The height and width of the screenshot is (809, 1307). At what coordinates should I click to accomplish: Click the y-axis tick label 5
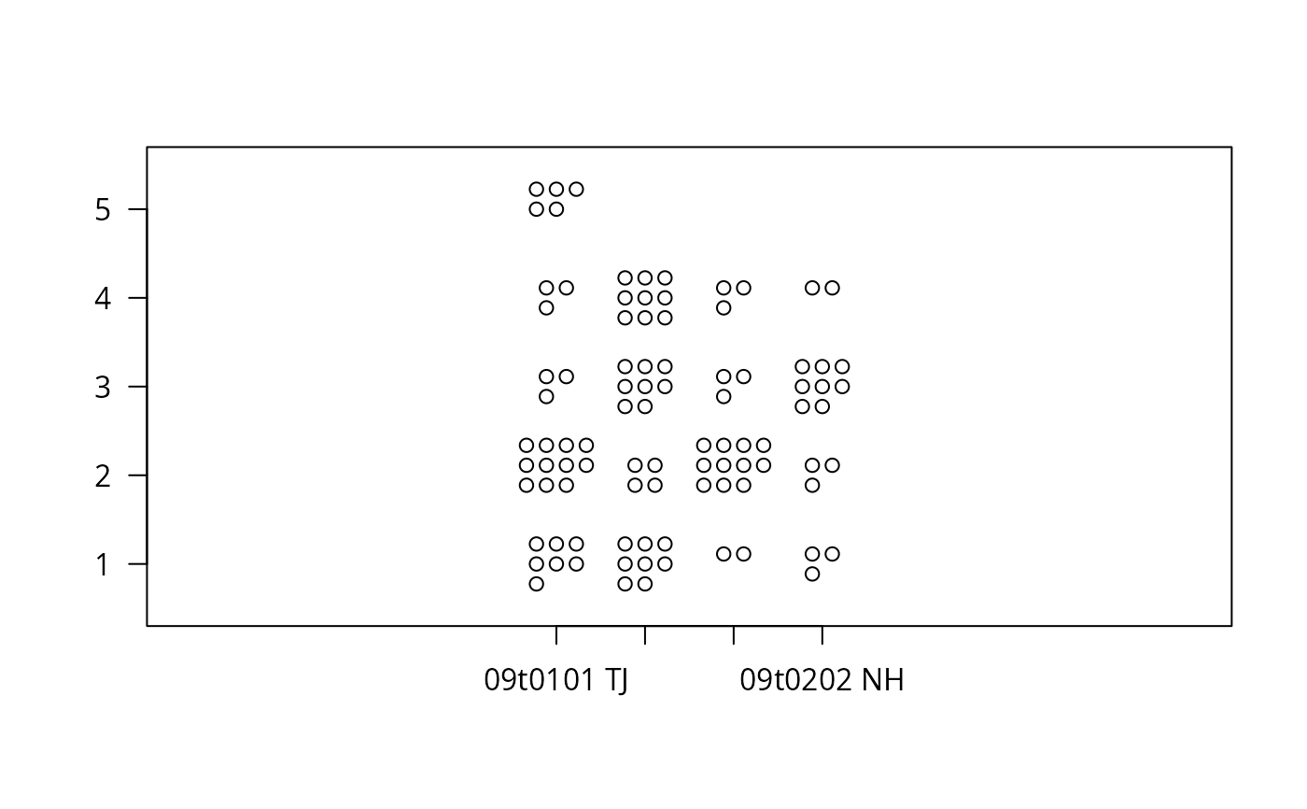pos(102,209)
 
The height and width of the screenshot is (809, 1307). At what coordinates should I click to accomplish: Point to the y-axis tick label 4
pos(102,298)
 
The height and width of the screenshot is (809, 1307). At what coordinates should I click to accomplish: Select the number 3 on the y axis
pos(102,387)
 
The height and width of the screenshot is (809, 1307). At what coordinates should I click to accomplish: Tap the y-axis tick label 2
pos(102,475)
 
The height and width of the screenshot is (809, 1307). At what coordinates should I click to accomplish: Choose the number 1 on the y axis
pos(103,564)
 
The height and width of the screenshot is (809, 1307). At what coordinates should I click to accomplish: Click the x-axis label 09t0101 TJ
pos(556,679)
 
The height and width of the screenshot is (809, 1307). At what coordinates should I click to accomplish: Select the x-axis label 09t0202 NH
pos(822,679)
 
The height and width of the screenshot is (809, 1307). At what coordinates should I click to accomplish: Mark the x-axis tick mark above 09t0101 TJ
pos(556,635)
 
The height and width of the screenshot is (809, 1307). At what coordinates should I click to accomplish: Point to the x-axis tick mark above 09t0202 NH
pos(822,635)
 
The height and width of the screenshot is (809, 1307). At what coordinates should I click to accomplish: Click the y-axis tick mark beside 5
pos(138,209)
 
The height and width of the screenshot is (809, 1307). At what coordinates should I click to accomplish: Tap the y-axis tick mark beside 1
pos(138,564)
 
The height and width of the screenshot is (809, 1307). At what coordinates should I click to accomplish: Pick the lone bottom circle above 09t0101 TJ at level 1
pos(536,584)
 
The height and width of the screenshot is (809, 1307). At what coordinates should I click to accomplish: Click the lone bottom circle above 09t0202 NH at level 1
pos(812,574)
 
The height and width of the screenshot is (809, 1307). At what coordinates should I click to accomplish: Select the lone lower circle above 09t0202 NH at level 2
pos(812,485)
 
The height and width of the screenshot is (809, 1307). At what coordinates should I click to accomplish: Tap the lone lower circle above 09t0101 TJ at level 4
pos(546,307)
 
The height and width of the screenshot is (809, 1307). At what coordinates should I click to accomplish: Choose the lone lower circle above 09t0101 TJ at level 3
pos(546,396)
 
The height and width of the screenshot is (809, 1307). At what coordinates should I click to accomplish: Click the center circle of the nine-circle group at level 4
pos(645,298)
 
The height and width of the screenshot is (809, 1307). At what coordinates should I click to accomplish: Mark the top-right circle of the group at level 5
pos(576,189)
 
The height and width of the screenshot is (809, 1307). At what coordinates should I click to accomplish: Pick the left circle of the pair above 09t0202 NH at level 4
pos(812,288)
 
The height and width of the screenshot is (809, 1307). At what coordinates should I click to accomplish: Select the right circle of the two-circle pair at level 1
pos(743,554)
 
